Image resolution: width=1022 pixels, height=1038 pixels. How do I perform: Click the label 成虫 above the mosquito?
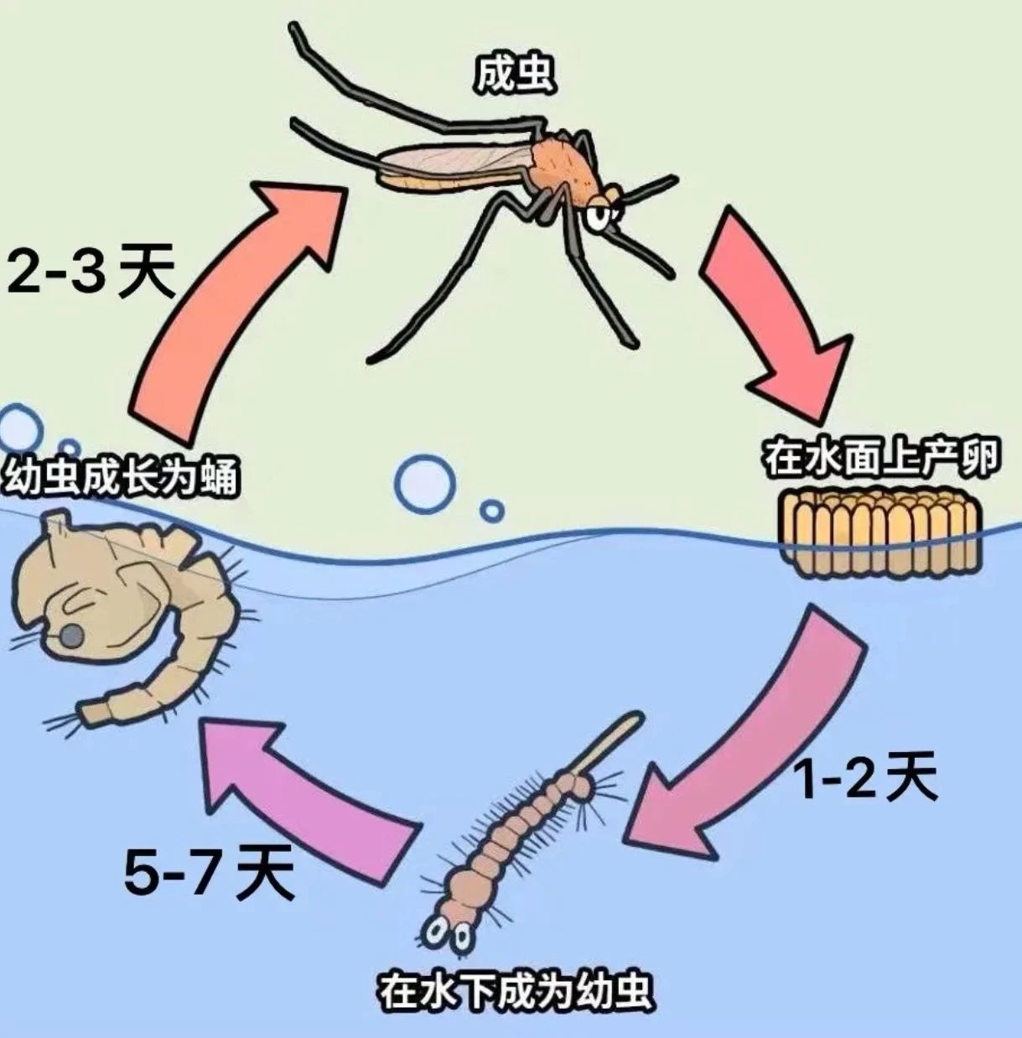(x=514, y=75)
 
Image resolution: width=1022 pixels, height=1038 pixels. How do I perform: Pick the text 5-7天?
(x=210, y=872)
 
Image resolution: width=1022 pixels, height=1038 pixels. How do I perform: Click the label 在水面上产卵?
(x=881, y=460)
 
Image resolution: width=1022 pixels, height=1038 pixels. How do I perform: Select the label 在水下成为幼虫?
(x=515, y=992)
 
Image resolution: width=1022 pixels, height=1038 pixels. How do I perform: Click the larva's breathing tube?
(x=611, y=741)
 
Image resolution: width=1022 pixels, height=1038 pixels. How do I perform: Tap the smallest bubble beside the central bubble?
(x=492, y=510)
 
